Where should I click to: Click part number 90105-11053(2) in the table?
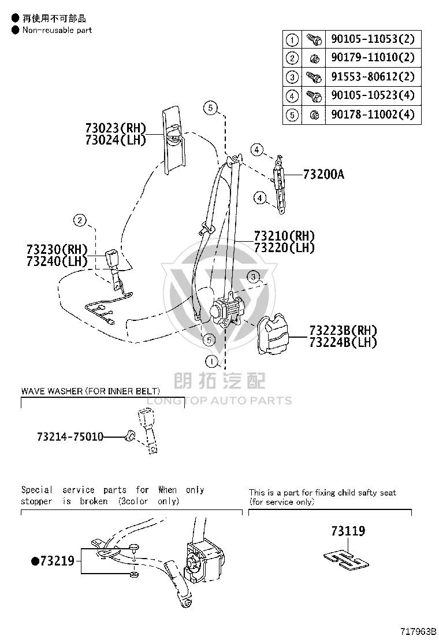[x=373, y=39]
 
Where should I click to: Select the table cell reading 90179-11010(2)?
[x=373, y=57]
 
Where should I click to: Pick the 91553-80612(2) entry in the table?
[x=373, y=77]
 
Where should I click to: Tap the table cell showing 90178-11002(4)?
[x=373, y=114]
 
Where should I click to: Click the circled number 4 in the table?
[x=292, y=97]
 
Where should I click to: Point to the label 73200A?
[x=323, y=175]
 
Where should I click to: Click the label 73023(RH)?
[x=116, y=128]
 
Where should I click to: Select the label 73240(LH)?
[x=57, y=261]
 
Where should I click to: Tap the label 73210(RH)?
[x=284, y=236]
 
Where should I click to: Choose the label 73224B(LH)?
[x=343, y=342]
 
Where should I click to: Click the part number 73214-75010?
[x=70, y=437]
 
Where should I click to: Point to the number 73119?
[x=348, y=531]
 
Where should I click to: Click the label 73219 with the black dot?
[x=53, y=561]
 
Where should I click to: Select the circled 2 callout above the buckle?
[x=80, y=221]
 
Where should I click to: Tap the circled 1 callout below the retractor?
[x=211, y=361]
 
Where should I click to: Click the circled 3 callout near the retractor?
[x=254, y=277]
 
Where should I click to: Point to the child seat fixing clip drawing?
[x=346, y=560]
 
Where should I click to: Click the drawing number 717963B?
[x=416, y=631]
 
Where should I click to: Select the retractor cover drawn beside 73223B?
[x=272, y=334]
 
